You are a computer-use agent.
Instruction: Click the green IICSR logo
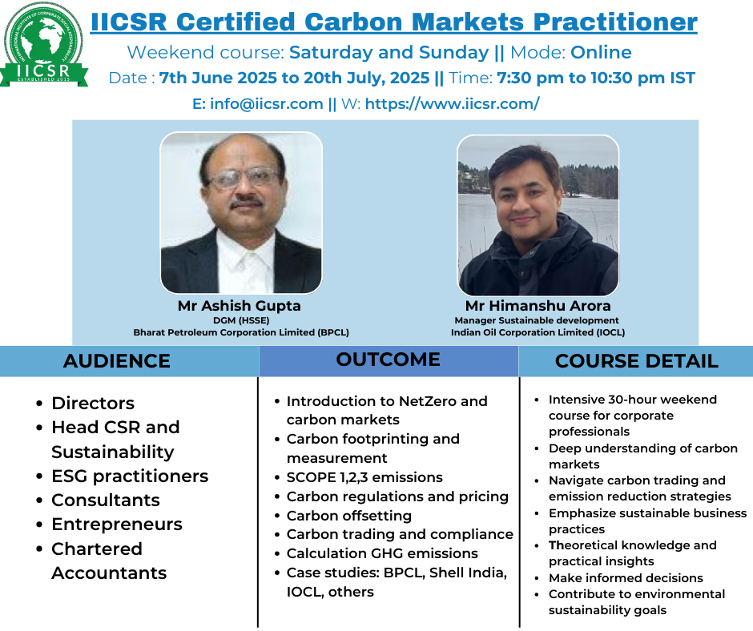click(44, 45)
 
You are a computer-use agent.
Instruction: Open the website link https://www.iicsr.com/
click(453, 104)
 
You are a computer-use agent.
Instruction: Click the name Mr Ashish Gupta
click(240, 306)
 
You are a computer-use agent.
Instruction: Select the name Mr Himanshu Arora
click(538, 306)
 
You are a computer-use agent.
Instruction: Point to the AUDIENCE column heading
click(117, 361)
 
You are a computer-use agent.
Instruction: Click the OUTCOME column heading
click(388, 360)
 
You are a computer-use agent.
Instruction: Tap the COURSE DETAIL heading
click(637, 361)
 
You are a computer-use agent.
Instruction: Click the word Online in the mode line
click(601, 52)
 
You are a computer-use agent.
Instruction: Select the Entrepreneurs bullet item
click(117, 524)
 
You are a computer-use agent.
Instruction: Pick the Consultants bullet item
click(106, 500)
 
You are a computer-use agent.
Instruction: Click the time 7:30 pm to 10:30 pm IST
click(596, 78)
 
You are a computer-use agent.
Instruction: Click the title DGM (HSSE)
click(241, 320)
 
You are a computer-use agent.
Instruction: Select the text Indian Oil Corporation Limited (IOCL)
click(538, 332)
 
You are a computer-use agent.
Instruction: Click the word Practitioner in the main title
click(615, 22)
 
